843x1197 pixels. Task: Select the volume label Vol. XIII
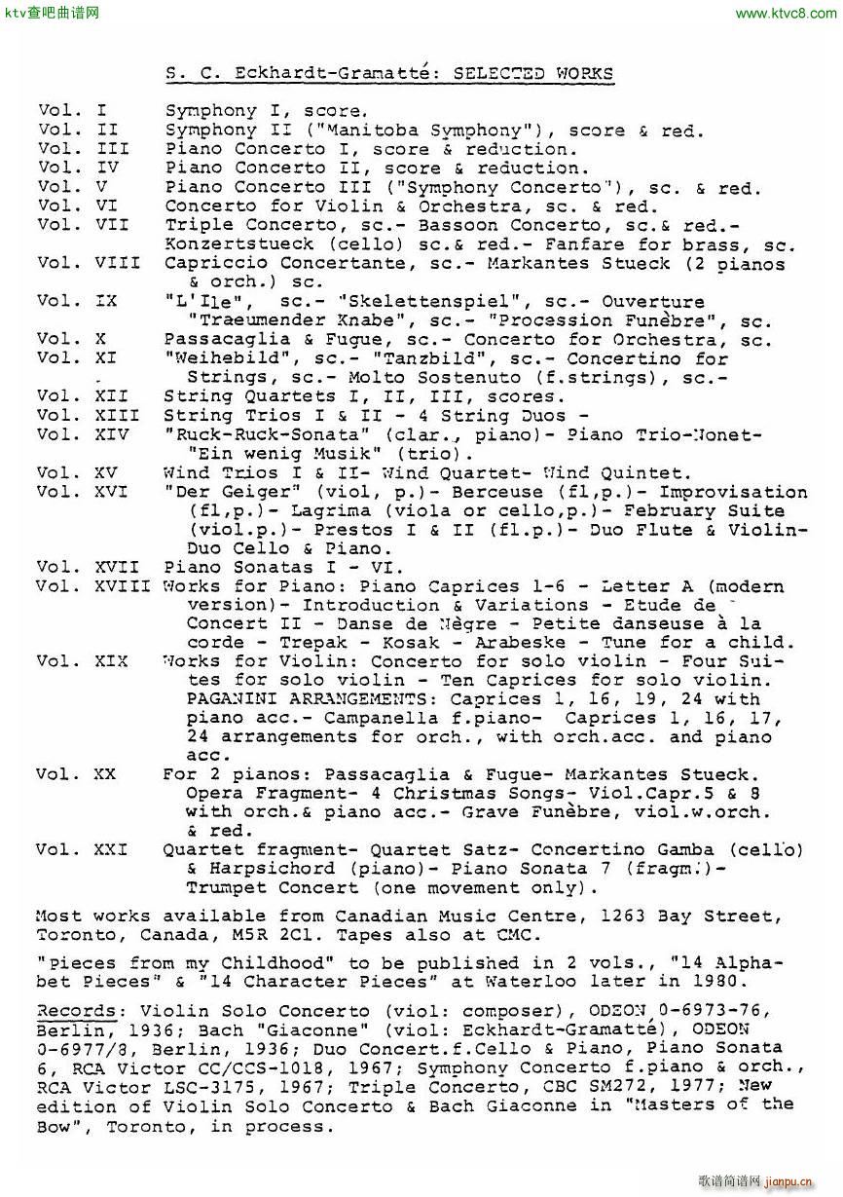pyautogui.click(x=87, y=416)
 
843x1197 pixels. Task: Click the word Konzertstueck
pyautogui.click(x=238, y=244)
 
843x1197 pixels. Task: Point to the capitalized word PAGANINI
pyautogui.click(x=232, y=699)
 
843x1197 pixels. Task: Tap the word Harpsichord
pyautogui.click(x=260, y=869)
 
